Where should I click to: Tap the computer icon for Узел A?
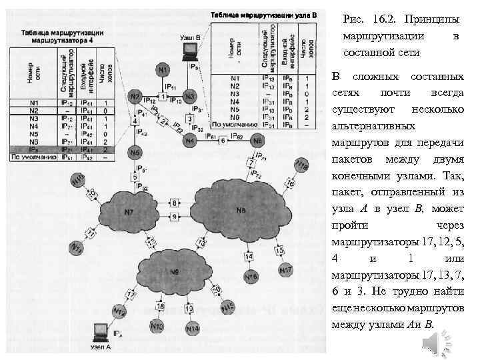click(x=101, y=330)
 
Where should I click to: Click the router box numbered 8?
click(x=175, y=203)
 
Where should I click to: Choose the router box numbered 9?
click(x=175, y=217)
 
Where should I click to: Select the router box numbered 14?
click(x=249, y=256)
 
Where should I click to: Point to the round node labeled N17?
click(x=286, y=270)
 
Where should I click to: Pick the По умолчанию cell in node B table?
click(x=228, y=125)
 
